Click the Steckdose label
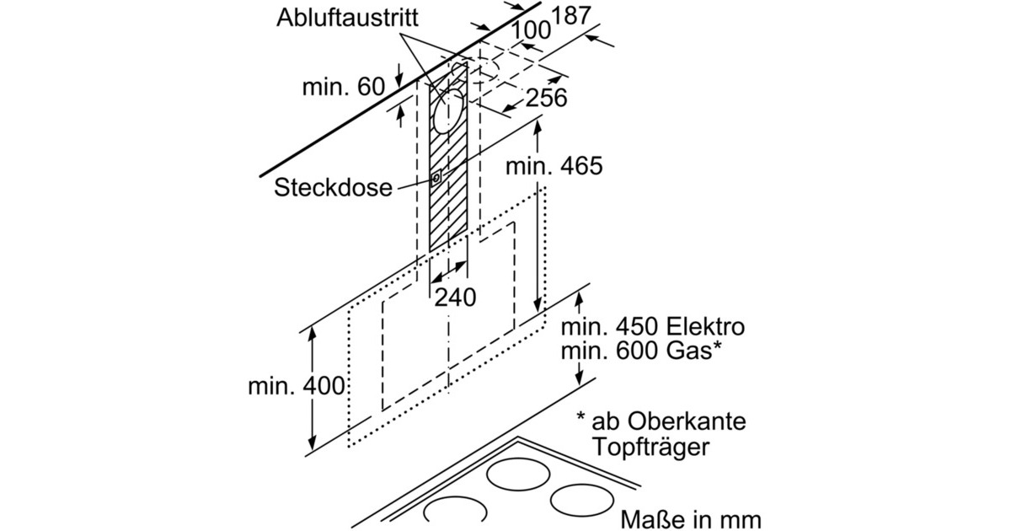[x=333, y=187]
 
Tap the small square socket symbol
[x=436, y=179]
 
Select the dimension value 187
[x=570, y=16]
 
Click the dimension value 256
[x=546, y=98]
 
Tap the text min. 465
[x=554, y=166]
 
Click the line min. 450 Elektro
[x=655, y=326]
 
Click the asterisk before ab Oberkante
[x=581, y=416]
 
